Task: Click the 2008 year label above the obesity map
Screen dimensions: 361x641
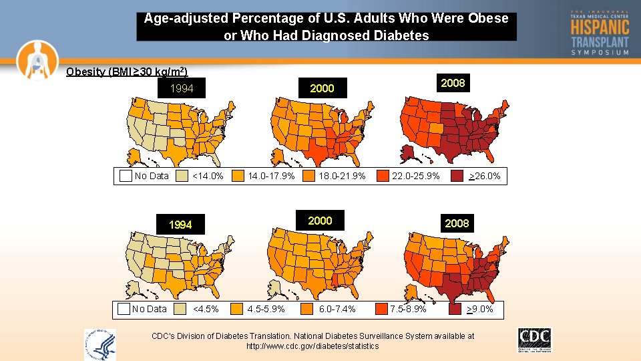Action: pos(453,83)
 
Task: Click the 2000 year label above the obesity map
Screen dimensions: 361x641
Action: pos(322,88)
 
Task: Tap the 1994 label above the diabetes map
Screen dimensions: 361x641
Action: pos(180,225)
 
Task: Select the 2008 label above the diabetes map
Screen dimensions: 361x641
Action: pos(457,223)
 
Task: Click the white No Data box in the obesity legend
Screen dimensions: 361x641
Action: pos(126,176)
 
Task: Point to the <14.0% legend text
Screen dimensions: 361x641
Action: pos(208,176)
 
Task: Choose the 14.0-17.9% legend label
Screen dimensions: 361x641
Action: pos(271,176)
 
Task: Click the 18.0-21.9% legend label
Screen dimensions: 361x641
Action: pos(342,176)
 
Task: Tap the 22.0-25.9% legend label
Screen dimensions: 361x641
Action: pos(416,176)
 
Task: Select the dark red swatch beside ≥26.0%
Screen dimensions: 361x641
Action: pos(457,176)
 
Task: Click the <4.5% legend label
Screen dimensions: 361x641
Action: pos(205,309)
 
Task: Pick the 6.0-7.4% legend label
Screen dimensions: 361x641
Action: pos(337,309)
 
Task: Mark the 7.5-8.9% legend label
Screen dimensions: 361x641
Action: pos(408,309)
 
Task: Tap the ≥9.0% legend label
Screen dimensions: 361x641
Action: pos(479,309)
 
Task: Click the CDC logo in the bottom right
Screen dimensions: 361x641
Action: pos(534,339)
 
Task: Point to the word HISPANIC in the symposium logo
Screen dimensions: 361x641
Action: pos(600,27)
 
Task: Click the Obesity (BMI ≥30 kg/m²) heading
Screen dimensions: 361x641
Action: pos(127,72)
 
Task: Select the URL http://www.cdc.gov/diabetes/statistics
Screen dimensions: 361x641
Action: pos(312,346)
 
